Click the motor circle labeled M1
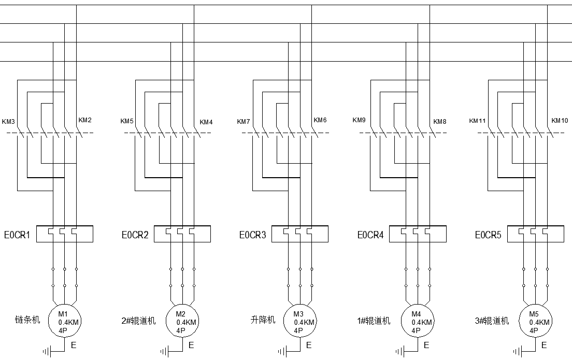(64, 321)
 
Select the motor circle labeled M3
(299, 321)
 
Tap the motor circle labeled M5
(535, 321)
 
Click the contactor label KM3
(9, 122)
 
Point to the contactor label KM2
(85, 120)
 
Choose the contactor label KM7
(244, 122)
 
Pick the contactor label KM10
(560, 121)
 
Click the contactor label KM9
(359, 120)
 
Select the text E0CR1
(17, 235)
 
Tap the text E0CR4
(370, 235)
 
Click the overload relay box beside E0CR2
(182, 234)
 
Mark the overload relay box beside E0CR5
(535, 234)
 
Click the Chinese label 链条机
(27, 320)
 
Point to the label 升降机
(263, 320)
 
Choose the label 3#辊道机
(492, 321)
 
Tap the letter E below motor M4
(427, 344)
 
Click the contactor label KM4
(206, 122)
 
